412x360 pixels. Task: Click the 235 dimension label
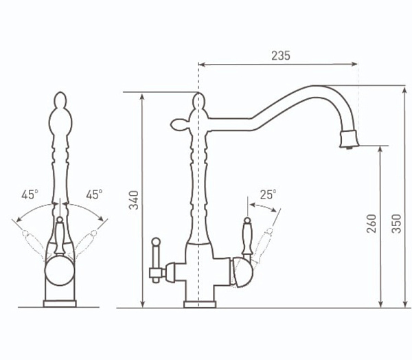pyautogui.click(x=281, y=56)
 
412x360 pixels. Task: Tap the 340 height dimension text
pyautogui.click(x=134, y=200)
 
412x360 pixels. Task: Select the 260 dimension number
pyautogui.click(x=371, y=223)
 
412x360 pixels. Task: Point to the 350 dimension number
pyautogui.click(x=396, y=224)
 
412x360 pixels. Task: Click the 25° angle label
pyautogui.click(x=268, y=194)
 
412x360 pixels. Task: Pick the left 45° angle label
pyautogui.click(x=30, y=194)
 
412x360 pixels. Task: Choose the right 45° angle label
pyautogui.click(x=94, y=194)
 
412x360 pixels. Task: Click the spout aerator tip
pyautogui.click(x=349, y=139)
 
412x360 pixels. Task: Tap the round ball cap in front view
pyautogui.click(x=59, y=271)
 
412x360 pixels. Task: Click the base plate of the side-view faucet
pyautogui.click(x=200, y=304)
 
